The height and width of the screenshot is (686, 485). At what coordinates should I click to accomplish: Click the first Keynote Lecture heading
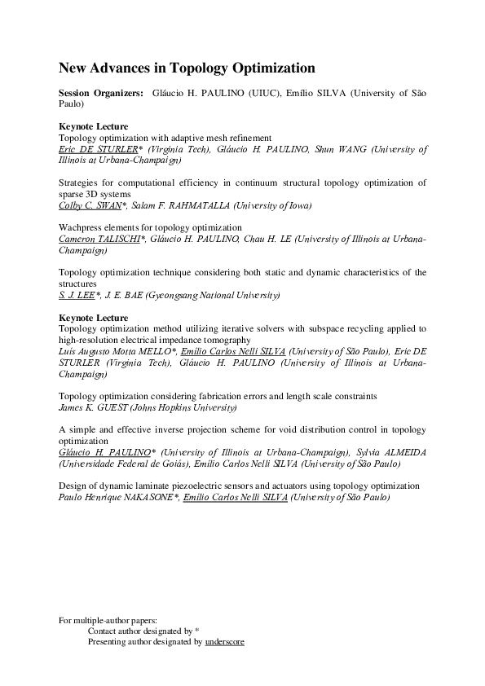94,127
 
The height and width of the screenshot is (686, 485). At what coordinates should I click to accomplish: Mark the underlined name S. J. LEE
78,294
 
